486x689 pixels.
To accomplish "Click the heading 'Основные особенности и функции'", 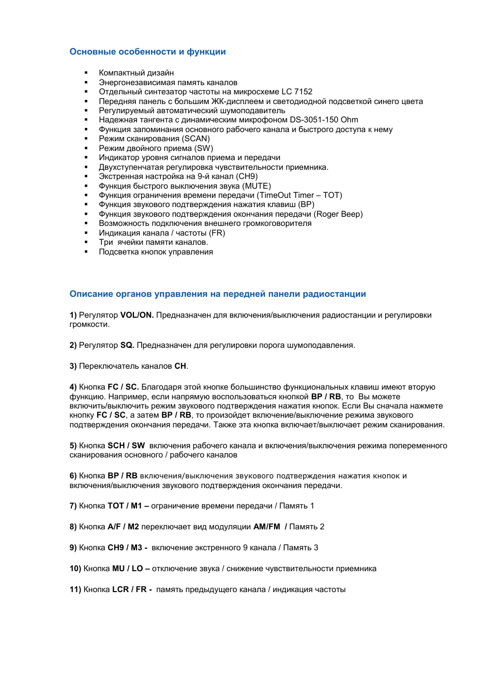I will (x=147, y=52).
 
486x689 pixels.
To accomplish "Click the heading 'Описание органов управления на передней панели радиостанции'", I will (x=218, y=294).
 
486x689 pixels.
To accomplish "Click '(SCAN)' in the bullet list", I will (x=196, y=139).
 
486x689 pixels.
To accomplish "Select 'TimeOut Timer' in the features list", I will (x=287, y=195).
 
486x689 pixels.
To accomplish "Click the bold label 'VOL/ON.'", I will (x=137, y=315).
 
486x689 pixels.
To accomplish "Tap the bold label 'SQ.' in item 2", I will (x=127, y=345).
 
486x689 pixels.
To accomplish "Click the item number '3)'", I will (x=73, y=366).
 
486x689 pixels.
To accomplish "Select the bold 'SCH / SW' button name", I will (x=126, y=446).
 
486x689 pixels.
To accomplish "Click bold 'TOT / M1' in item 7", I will (x=124, y=506).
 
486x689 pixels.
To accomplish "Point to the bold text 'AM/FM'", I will (x=266, y=527).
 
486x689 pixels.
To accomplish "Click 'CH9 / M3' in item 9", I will (x=125, y=548).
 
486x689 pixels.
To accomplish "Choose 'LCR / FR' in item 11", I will (x=129, y=590).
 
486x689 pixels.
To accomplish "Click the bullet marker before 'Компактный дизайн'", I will (x=86, y=73).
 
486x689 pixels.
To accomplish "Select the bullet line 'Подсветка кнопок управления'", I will (x=155, y=252).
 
